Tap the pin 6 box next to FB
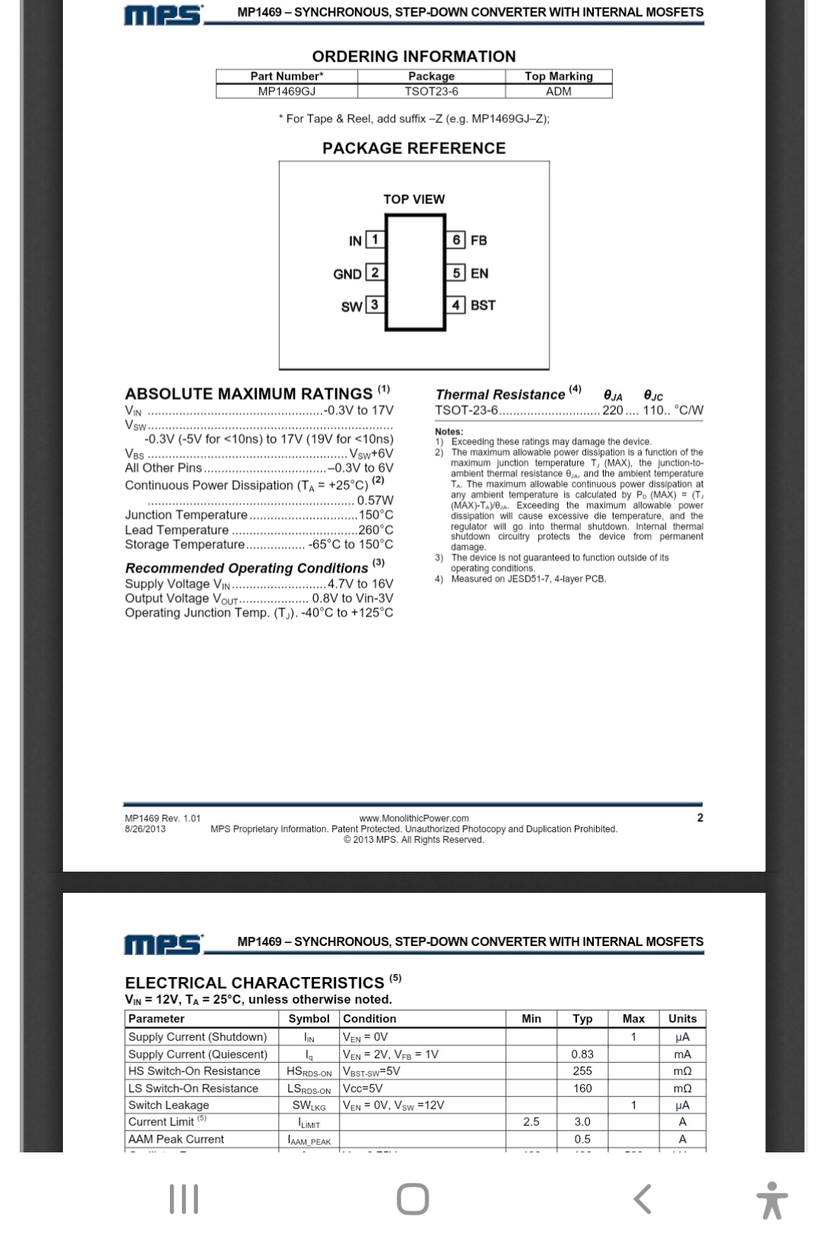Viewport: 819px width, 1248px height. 456,240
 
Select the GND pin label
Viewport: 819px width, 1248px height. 347,274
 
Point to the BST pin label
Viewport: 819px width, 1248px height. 483,305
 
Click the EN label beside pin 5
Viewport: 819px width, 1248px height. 479,273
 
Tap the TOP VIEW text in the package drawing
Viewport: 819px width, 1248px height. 414,200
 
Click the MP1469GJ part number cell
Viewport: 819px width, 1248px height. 287,91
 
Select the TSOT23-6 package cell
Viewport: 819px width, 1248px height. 431,91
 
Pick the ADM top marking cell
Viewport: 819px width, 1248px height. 558,91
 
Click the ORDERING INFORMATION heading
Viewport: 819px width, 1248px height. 414,57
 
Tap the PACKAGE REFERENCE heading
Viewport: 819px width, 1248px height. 414,148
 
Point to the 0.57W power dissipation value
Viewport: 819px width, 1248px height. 375,501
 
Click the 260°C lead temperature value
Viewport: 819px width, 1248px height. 376,530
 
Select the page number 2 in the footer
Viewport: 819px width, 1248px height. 700,818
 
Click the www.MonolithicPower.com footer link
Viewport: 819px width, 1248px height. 414,819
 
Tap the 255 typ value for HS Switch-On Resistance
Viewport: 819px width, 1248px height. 582,1071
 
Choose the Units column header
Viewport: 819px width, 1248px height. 682,1019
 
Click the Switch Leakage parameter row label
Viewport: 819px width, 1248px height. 168,1105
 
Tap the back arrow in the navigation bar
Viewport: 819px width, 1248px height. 642,1199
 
